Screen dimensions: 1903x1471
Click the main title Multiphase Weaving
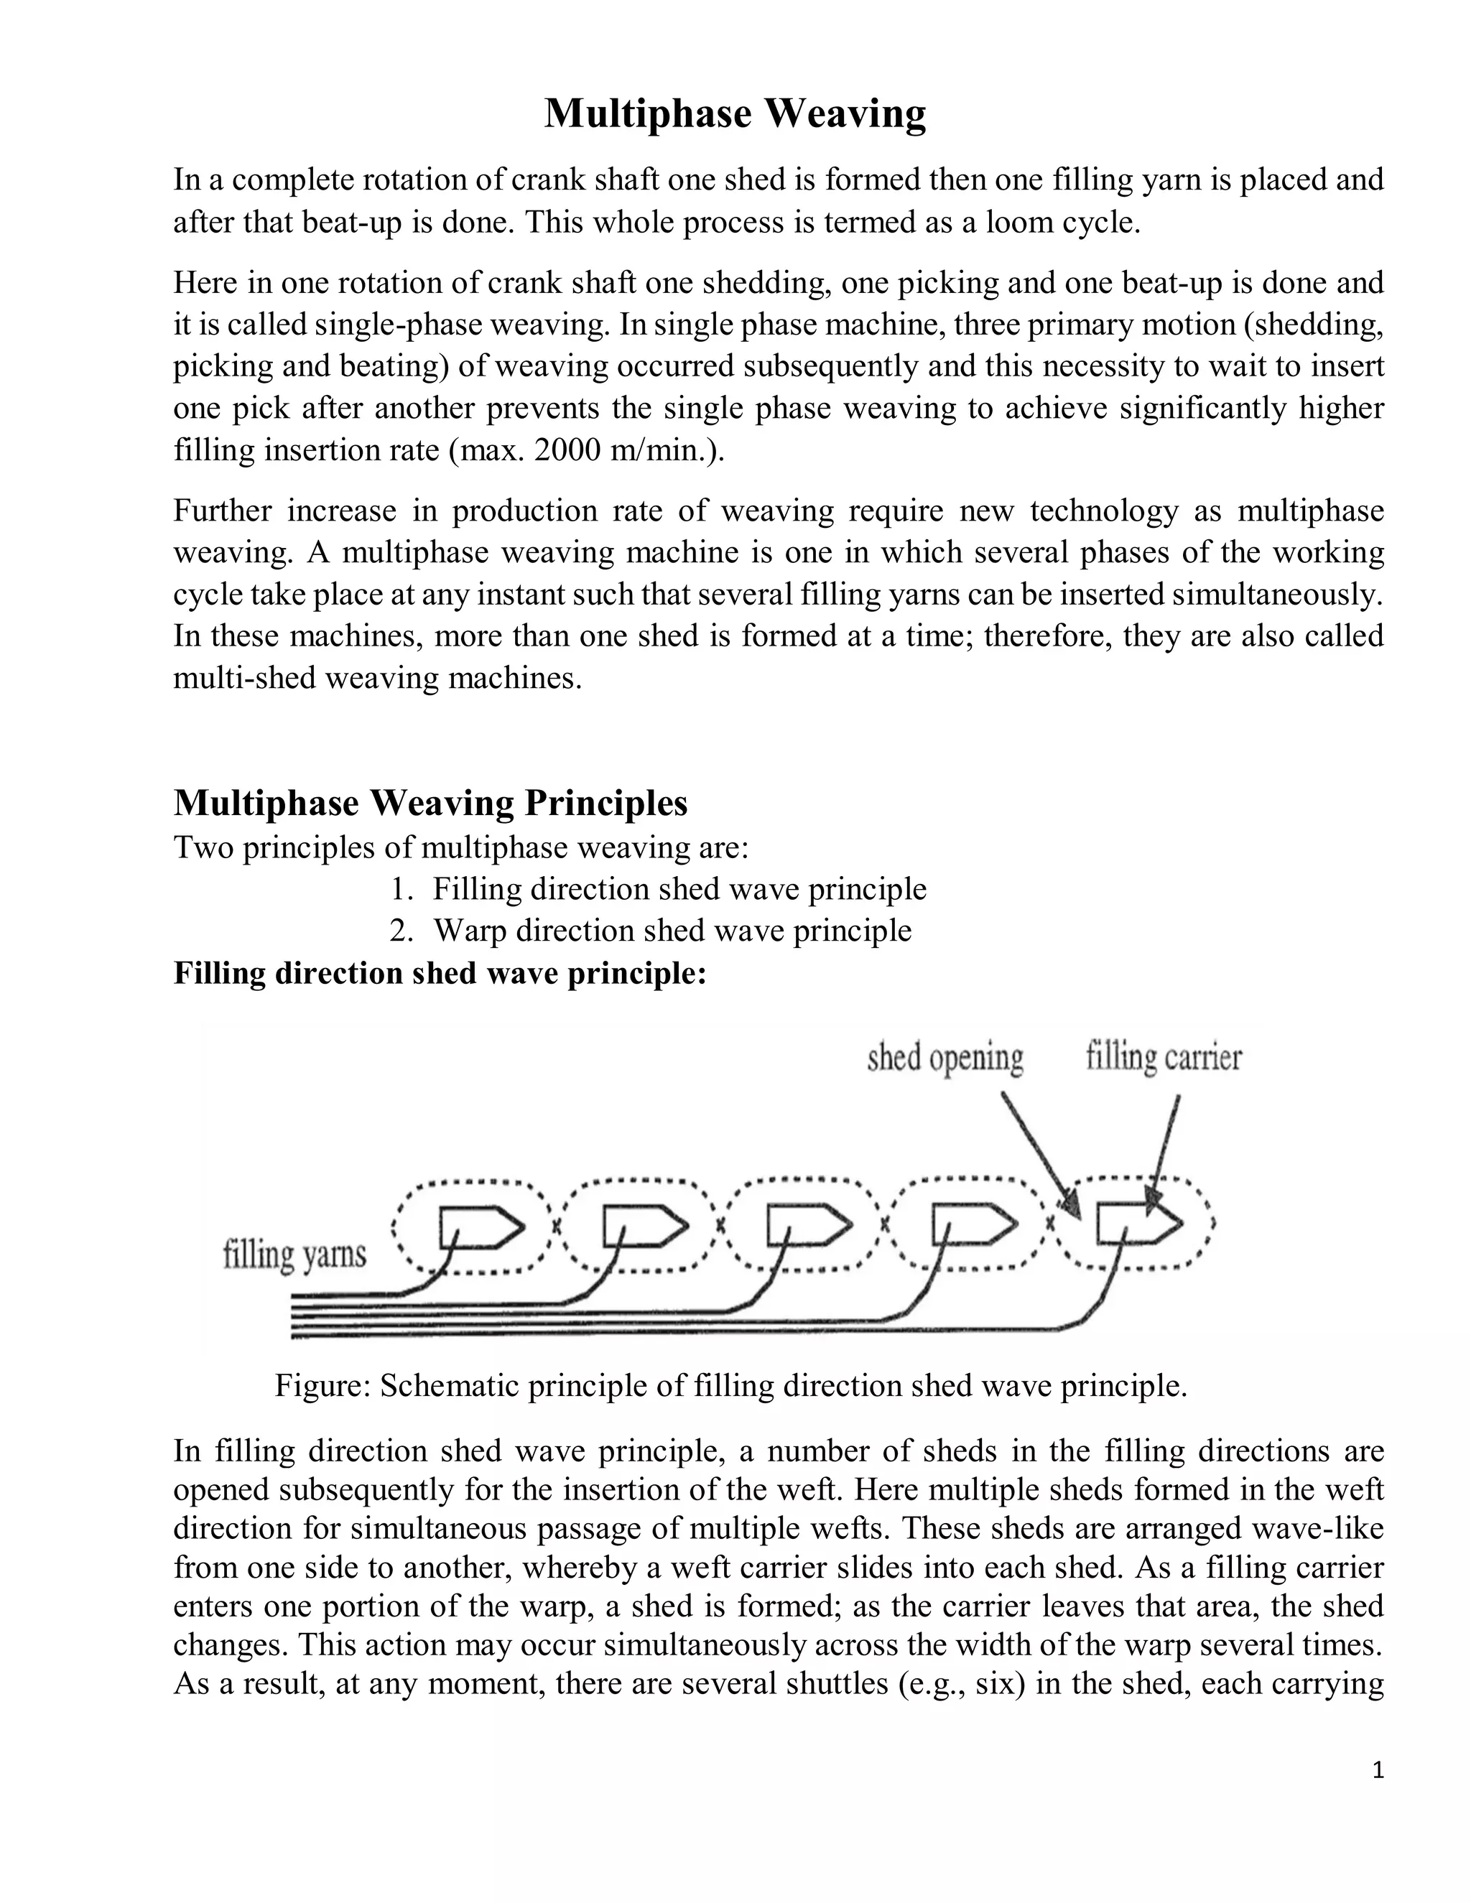tap(735, 114)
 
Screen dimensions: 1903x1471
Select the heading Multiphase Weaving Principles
tap(430, 803)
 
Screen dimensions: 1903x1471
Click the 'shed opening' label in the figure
tap(945, 1058)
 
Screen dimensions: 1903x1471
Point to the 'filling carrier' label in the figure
tap(1164, 1058)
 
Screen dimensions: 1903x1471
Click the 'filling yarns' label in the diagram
tap(294, 1255)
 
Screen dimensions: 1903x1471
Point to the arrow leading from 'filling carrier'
tap(1166, 1150)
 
